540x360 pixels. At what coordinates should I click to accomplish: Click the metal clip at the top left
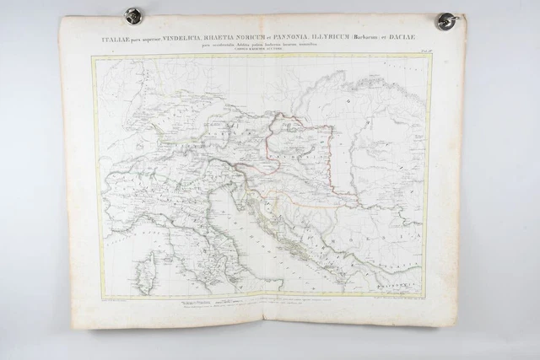131,14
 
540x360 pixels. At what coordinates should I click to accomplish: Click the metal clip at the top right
445,19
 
